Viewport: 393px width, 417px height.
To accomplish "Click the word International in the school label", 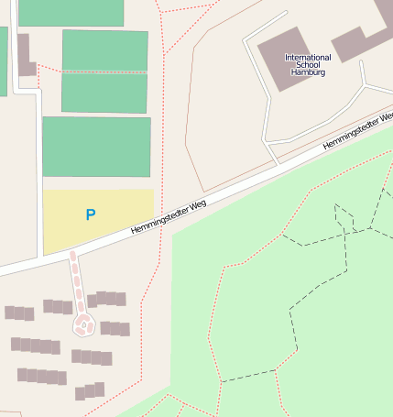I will pyautogui.click(x=308, y=58).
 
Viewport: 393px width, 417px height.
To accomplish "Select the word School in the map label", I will pyautogui.click(x=308, y=65).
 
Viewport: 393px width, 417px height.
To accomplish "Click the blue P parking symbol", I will pyautogui.click(x=90, y=214).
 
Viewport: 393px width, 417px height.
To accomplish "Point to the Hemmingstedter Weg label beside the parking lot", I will pyautogui.click(x=167, y=214).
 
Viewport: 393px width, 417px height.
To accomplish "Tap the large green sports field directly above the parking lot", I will pyautogui.click(x=96, y=147).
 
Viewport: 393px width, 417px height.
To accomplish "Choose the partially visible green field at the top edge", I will pyautogui.click(x=71, y=12).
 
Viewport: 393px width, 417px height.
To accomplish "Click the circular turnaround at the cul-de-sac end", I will pyautogui.click(x=83, y=324).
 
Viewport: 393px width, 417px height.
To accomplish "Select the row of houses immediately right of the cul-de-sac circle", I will pyautogui.click(x=115, y=328).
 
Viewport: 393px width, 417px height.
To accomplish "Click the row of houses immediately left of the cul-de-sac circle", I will pyautogui.click(x=57, y=306).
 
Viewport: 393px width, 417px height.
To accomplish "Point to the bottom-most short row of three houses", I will pyautogui.click(x=89, y=391).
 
